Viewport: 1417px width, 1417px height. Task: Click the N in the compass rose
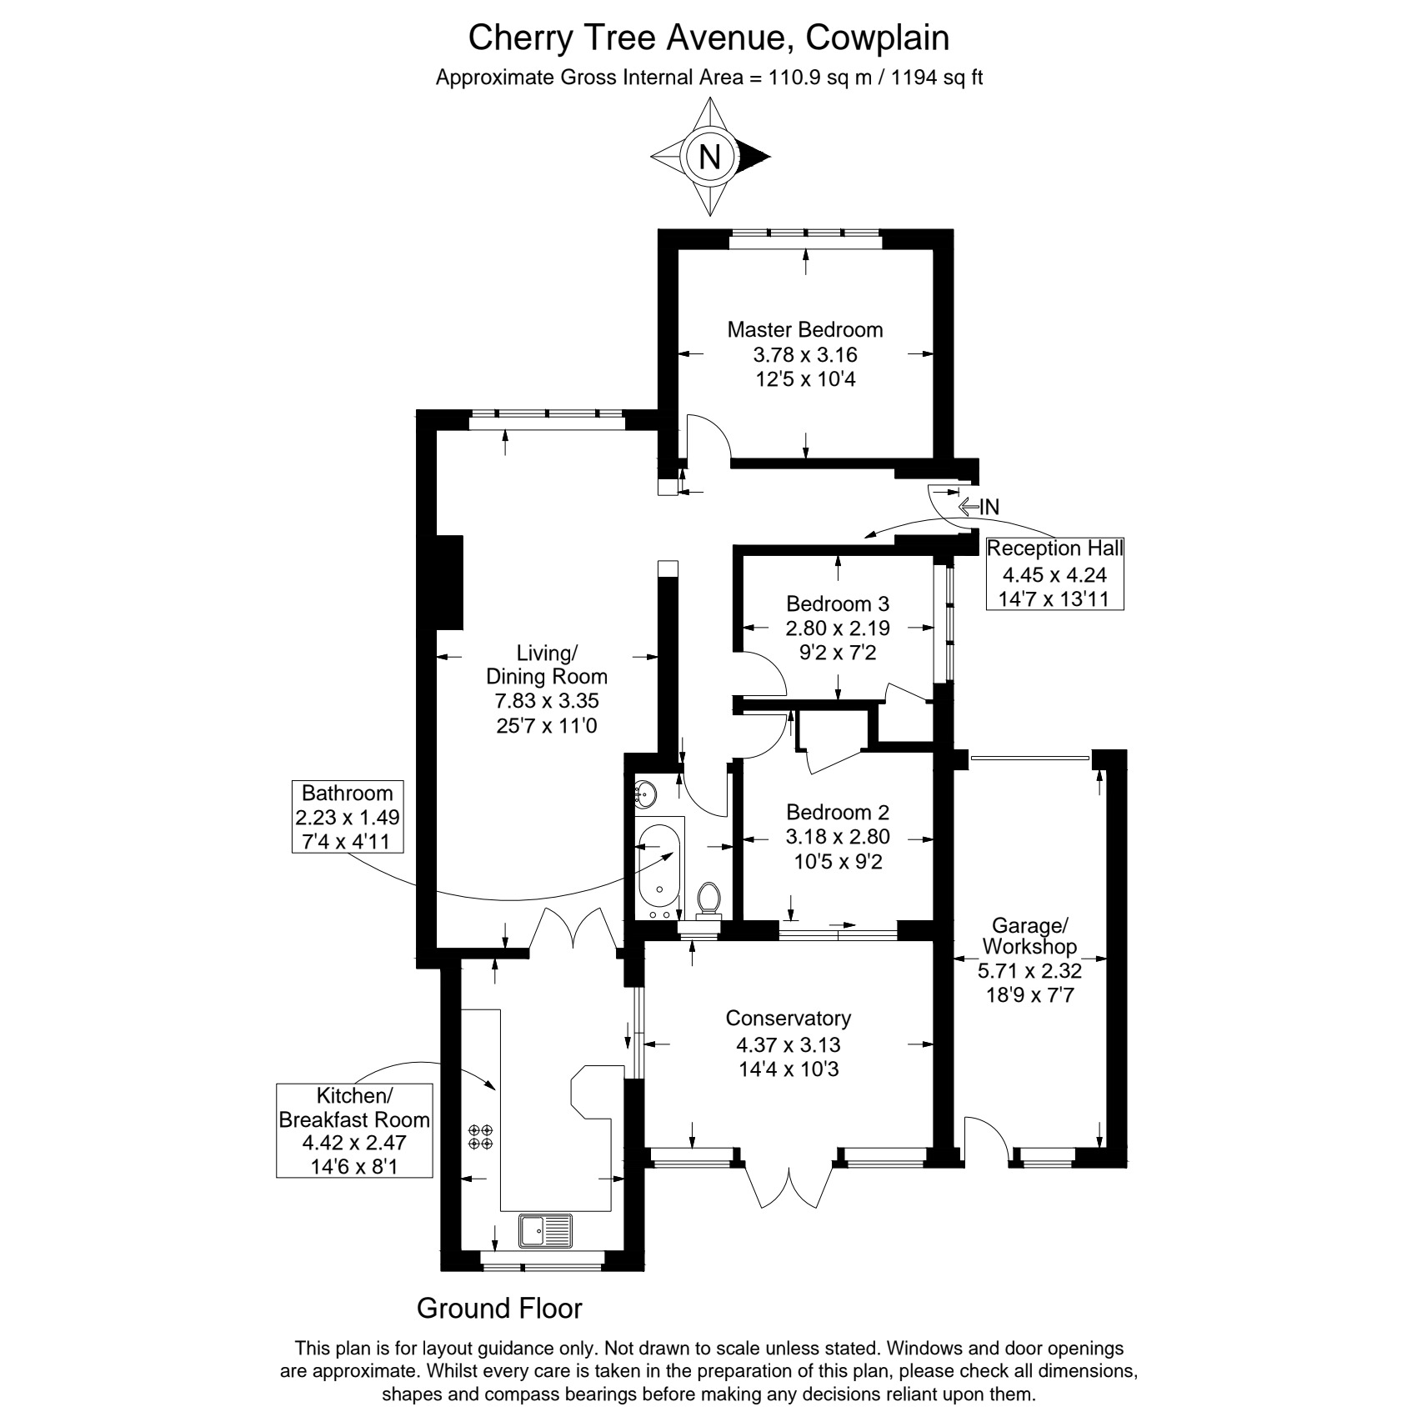[709, 157]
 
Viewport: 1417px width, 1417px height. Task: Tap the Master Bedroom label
[804, 329]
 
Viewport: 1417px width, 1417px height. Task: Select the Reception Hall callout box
[1054, 573]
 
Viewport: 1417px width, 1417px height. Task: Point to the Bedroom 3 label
[838, 603]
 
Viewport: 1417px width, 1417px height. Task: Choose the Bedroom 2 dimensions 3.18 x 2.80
[838, 836]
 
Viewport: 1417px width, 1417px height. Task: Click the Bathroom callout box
[347, 817]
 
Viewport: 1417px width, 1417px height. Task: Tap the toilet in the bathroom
[708, 900]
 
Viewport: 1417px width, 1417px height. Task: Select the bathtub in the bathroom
[658, 868]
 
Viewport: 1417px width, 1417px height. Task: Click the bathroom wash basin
[646, 794]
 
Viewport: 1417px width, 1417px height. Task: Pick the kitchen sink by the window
[545, 1230]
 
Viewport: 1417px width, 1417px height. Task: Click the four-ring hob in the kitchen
[481, 1137]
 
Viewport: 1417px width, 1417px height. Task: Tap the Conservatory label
[788, 1018]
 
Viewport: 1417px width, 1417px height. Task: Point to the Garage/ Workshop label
[1029, 936]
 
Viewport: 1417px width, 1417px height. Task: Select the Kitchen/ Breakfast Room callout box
[354, 1129]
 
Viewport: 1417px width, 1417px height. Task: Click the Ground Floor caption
[499, 1309]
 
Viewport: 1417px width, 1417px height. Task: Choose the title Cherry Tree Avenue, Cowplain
[708, 38]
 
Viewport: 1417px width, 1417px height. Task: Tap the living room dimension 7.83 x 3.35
[547, 701]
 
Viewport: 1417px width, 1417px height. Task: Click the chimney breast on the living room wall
[450, 582]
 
